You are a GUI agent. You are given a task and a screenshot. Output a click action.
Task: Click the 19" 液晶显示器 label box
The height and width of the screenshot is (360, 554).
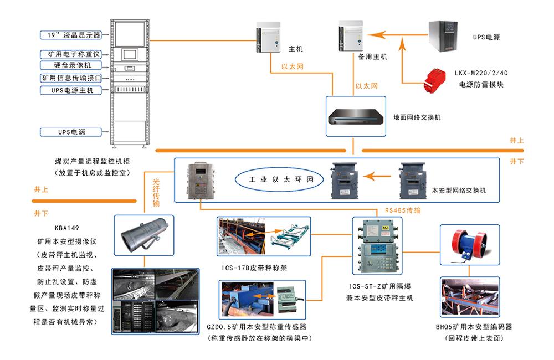70,35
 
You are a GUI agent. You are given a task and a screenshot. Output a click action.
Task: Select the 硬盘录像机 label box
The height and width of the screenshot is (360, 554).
70,65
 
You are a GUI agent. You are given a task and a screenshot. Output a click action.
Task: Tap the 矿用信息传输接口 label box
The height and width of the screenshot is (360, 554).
70,78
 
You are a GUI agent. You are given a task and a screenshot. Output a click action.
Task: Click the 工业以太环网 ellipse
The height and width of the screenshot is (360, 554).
278,180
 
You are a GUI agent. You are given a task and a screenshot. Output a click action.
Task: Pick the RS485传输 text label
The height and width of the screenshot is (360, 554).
403,211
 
